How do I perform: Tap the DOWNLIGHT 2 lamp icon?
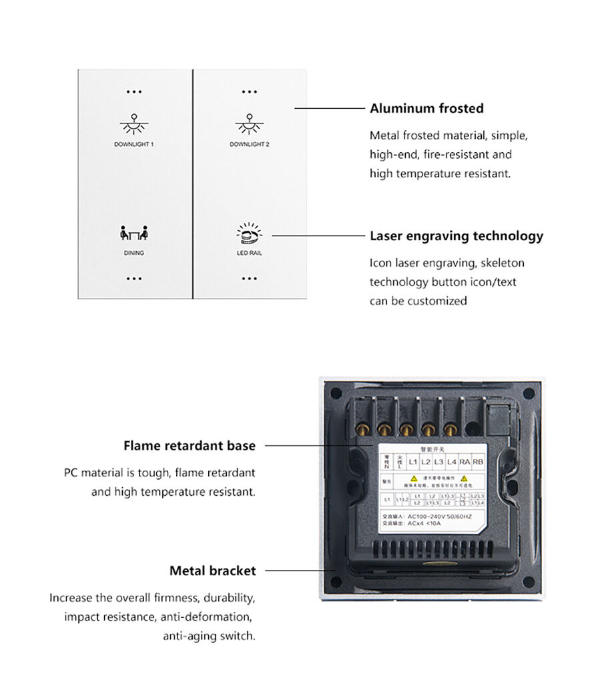(x=249, y=124)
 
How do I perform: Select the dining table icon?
(x=133, y=234)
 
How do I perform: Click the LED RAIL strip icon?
(x=249, y=234)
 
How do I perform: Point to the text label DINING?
(x=133, y=254)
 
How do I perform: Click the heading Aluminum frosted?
(x=426, y=108)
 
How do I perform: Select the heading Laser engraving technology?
(x=456, y=236)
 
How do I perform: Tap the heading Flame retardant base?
(x=189, y=445)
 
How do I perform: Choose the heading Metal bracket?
(x=212, y=571)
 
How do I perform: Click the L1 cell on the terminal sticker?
(x=412, y=462)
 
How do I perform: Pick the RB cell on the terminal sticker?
(x=478, y=462)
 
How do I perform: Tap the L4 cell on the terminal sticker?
(x=452, y=462)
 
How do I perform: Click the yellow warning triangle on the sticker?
(x=414, y=478)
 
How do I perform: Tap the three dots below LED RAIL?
(x=249, y=279)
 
